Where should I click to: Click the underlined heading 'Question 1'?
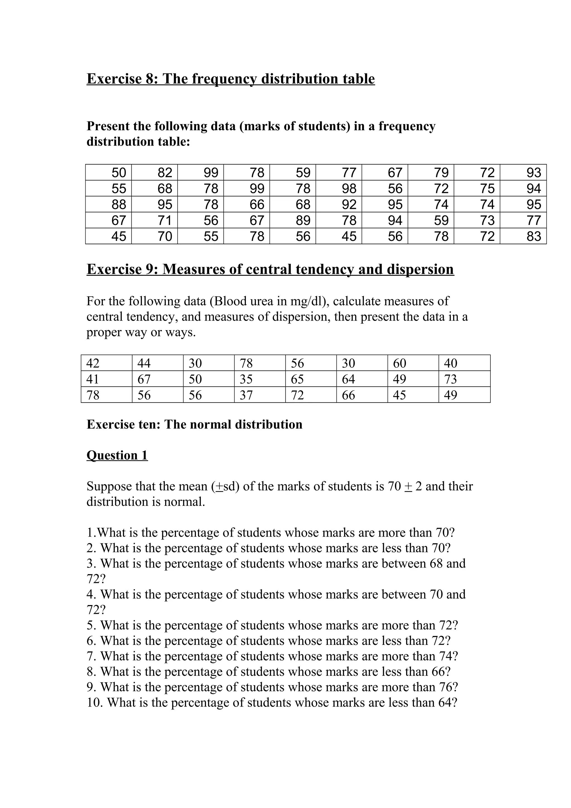(117, 455)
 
